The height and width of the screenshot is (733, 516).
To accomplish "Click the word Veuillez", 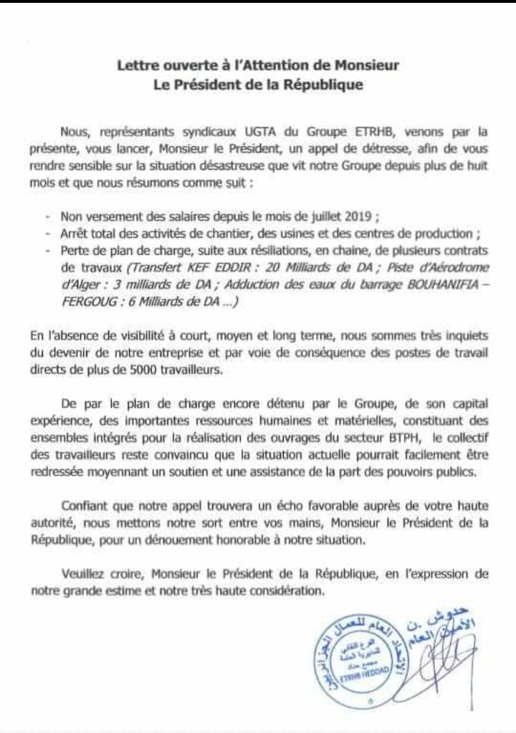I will [86, 575].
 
